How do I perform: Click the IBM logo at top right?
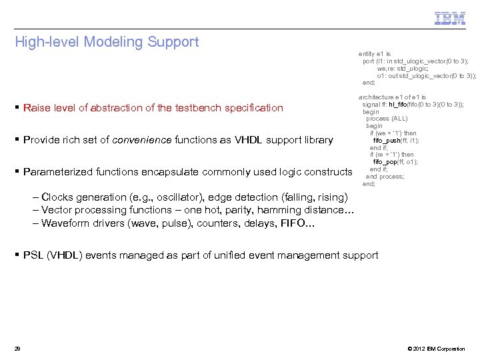pos(450,18)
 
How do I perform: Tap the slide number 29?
pos(18,349)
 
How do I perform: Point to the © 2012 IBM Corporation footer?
pos(435,349)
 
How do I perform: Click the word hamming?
pos(268,210)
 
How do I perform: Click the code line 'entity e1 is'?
pos(375,53)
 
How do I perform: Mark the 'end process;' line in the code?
pos(385,177)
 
